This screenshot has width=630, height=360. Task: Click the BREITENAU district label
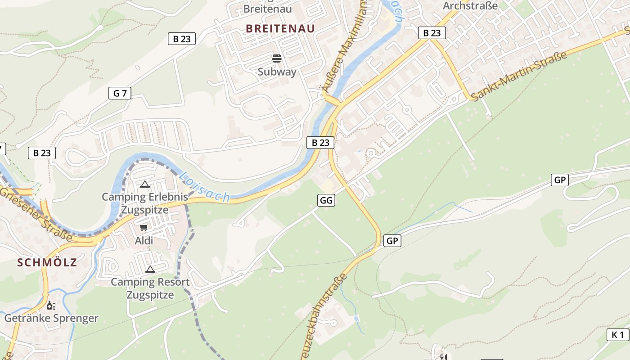pyautogui.click(x=280, y=28)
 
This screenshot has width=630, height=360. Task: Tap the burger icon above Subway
pyautogui.click(x=277, y=58)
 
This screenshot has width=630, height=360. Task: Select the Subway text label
pyautogui.click(x=277, y=72)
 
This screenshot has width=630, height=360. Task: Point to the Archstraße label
pyautogui.click(x=470, y=6)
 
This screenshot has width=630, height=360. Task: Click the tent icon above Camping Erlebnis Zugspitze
pyautogui.click(x=144, y=184)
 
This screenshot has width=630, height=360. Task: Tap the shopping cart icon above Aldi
pyautogui.click(x=144, y=228)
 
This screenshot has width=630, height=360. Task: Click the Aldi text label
pyautogui.click(x=144, y=241)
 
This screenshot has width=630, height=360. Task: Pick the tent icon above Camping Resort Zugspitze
pyautogui.click(x=150, y=269)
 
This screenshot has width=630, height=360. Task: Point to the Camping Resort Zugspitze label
pyautogui.click(x=150, y=288)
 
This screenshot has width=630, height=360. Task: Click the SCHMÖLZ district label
pyautogui.click(x=47, y=263)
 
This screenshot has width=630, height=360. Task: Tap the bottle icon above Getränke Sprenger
pyautogui.click(x=51, y=306)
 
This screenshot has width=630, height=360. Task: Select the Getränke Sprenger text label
pyautogui.click(x=51, y=319)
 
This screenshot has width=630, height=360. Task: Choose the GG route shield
pyautogui.click(x=326, y=200)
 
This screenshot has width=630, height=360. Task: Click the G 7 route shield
pyautogui.click(x=120, y=94)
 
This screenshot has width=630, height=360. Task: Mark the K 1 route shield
pyautogui.click(x=618, y=335)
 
